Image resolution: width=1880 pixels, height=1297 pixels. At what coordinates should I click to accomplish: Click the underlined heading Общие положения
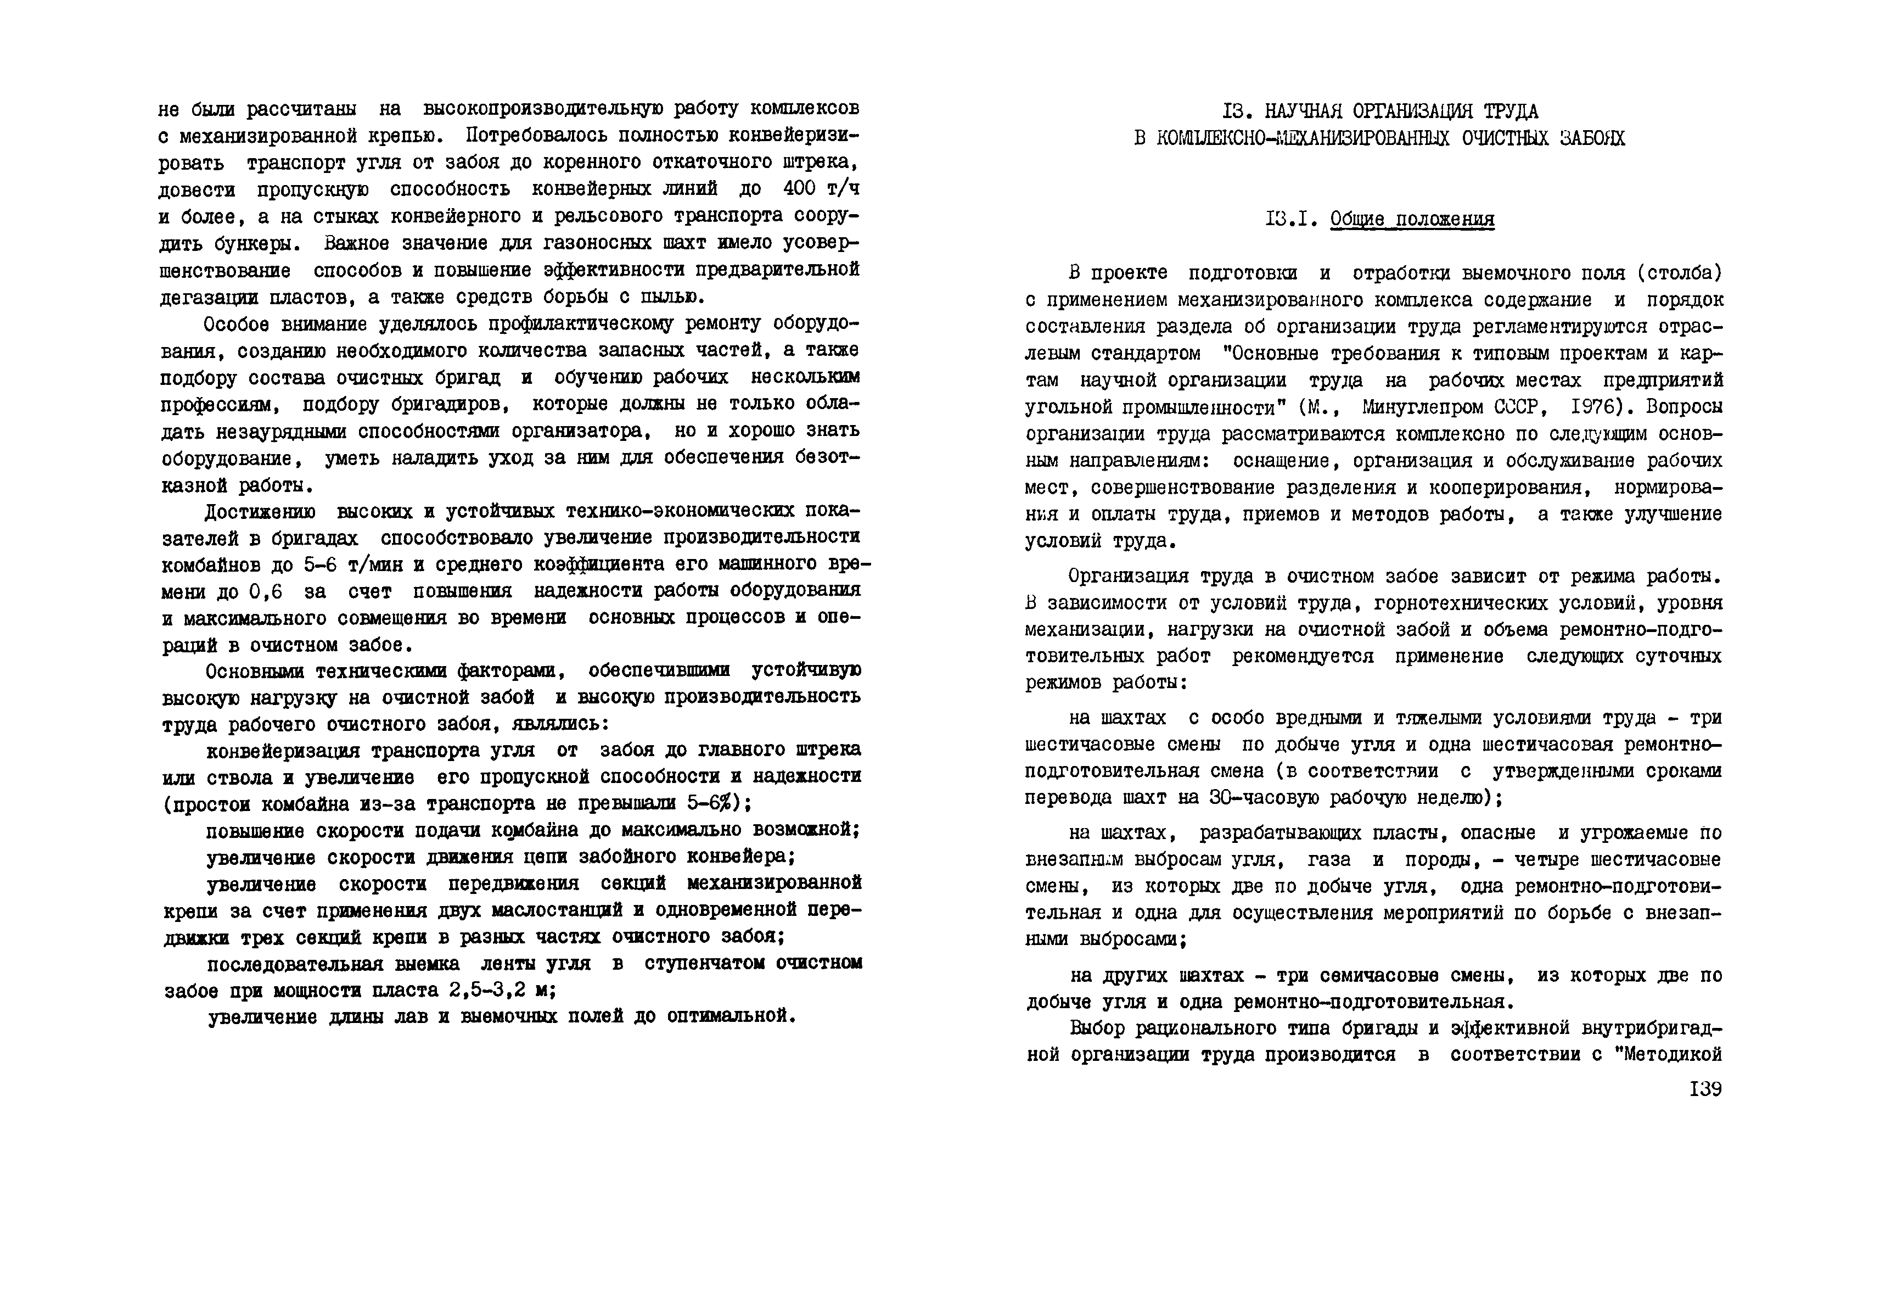coord(1412,220)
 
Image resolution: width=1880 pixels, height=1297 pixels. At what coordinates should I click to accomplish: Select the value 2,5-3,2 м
coord(501,991)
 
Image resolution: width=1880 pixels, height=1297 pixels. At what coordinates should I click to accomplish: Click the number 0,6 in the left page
coord(266,591)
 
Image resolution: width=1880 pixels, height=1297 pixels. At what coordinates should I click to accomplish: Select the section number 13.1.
coord(1291,220)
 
